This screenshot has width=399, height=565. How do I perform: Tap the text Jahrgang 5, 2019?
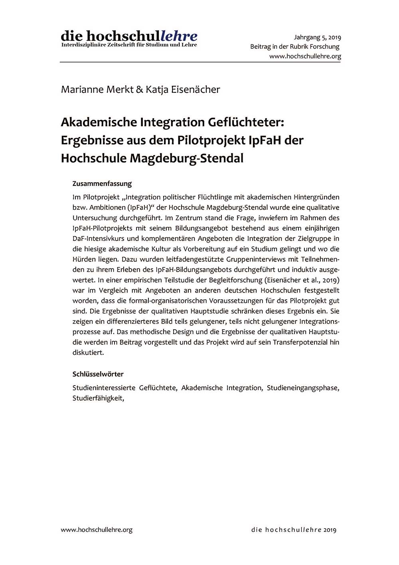click(x=317, y=38)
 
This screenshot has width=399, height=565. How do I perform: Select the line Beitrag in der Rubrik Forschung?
click(x=295, y=47)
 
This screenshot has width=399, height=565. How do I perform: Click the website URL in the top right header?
click(x=305, y=56)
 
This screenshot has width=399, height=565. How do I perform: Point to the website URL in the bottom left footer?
click(x=97, y=530)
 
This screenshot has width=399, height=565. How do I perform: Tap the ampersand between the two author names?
click(x=139, y=90)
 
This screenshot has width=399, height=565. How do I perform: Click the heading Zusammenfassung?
click(x=102, y=184)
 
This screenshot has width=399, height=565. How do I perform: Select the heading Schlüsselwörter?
click(x=98, y=374)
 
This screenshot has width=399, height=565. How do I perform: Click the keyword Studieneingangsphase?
click(x=303, y=388)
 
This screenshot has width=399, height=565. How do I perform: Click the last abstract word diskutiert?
click(x=88, y=353)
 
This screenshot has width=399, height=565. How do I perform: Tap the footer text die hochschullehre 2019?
click(x=294, y=530)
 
